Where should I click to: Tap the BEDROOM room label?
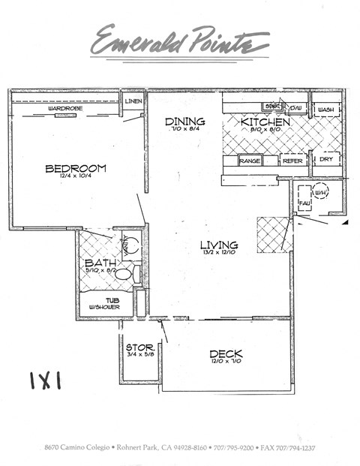coord(75,168)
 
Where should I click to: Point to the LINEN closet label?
coord(133,100)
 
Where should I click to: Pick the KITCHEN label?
coord(265,122)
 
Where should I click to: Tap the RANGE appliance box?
coord(249,161)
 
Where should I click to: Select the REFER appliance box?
coord(292,161)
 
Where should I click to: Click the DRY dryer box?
coord(325,159)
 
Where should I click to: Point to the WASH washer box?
coord(325,110)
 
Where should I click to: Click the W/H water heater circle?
coord(321,193)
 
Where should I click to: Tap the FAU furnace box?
coord(304,202)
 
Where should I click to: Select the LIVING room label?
coord(219,245)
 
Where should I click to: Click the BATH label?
coord(99,263)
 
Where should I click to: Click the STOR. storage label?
coord(139,347)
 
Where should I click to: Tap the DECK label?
coord(225,353)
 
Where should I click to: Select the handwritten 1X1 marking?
coord(45,380)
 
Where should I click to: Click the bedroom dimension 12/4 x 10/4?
coord(75,178)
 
